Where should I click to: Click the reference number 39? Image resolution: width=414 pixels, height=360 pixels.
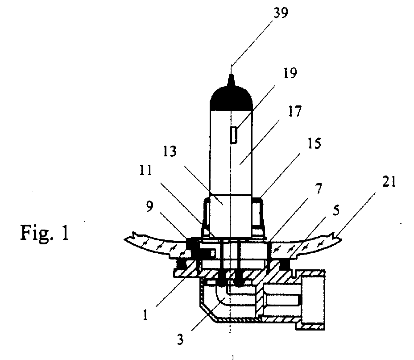tap(281, 13)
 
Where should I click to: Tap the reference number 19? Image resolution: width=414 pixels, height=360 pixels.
tap(290, 73)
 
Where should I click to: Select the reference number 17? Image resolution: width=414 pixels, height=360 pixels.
tap(294, 111)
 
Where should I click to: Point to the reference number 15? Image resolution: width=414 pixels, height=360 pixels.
tap(314, 143)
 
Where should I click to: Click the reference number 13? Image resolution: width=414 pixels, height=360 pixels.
tap(170, 151)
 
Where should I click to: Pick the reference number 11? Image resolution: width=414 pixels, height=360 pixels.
tap(146, 171)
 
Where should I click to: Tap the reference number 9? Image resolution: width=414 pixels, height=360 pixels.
tap(149, 206)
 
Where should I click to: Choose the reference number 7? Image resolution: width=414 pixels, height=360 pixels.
tap(319, 188)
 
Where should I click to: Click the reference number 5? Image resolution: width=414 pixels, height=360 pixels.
tap(336, 210)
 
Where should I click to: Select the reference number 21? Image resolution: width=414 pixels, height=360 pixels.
tap(389, 182)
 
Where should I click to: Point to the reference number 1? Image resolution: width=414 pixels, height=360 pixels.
tap(145, 315)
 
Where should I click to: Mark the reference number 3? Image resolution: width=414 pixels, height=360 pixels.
tap(180, 339)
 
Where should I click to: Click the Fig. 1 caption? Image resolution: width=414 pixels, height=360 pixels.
tap(45, 233)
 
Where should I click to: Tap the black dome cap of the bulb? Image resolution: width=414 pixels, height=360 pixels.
tap(231, 98)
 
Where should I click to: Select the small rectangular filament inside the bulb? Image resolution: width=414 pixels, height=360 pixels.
tap(233, 135)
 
